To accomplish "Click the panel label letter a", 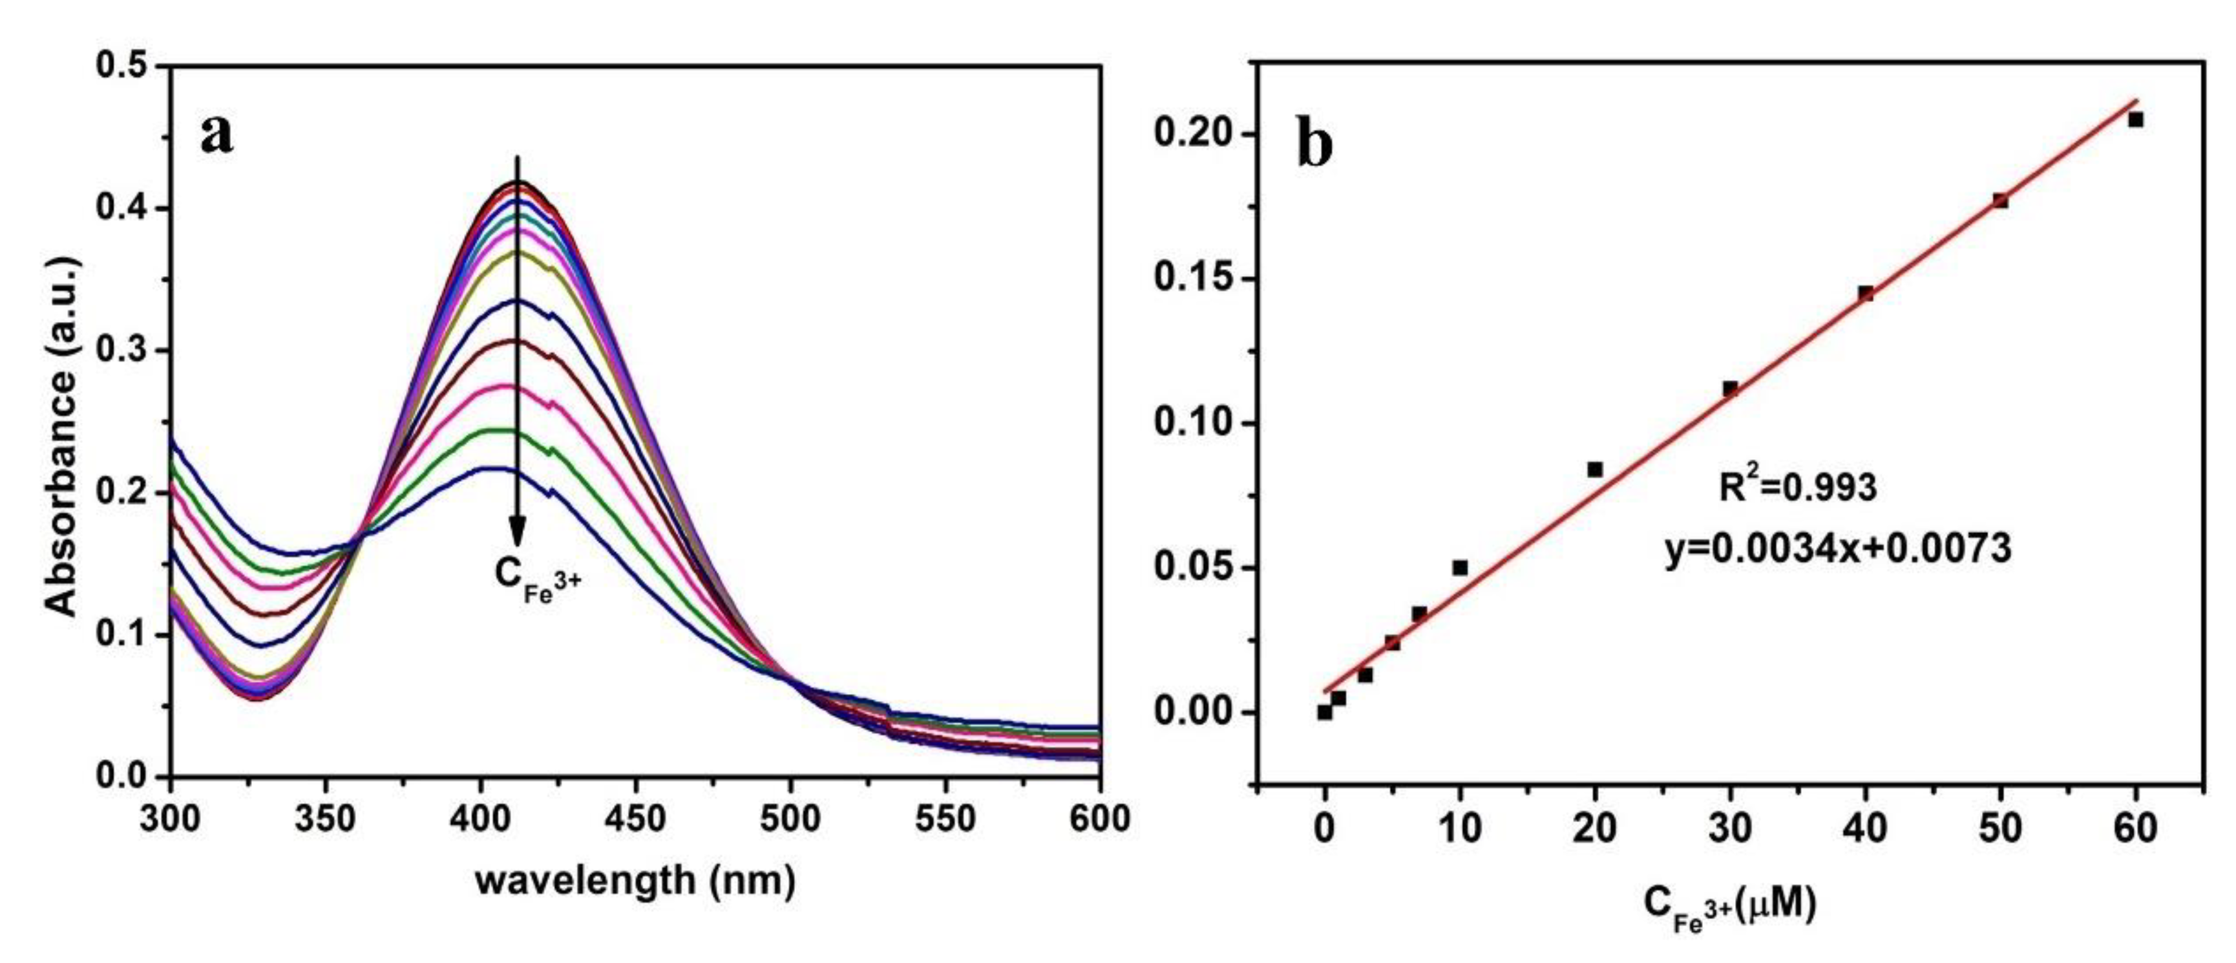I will (x=217, y=134).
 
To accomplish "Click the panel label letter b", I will (x=1314, y=144).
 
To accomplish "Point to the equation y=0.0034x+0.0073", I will (x=1837, y=549).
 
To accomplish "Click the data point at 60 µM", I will (x=2136, y=120).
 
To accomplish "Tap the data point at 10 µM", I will (x=1460, y=568).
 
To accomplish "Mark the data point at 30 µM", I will (x=1730, y=388).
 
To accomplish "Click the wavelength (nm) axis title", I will (x=635, y=880).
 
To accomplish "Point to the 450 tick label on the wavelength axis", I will (x=635, y=819).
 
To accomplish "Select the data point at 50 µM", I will (x=2001, y=200).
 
